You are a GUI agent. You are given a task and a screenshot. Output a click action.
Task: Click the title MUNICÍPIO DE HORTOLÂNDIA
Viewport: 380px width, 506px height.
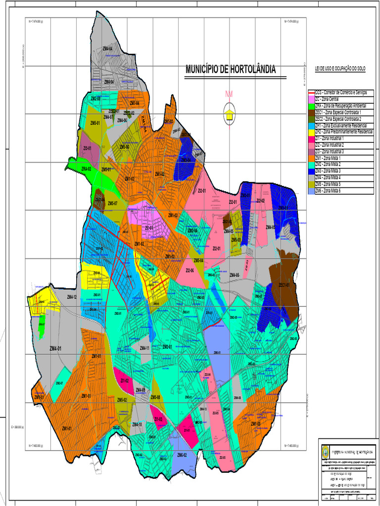coord(230,70)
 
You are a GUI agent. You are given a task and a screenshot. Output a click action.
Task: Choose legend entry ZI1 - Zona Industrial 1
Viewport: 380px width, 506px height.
coord(329,138)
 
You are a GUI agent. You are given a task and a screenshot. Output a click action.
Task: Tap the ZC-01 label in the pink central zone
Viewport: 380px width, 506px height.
coord(148,228)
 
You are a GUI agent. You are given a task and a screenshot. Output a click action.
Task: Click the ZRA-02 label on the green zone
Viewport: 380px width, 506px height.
coord(86,169)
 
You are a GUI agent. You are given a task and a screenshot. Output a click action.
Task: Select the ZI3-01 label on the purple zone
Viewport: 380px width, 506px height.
coord(88,148)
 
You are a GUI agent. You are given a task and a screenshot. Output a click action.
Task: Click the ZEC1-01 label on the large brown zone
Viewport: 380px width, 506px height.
coord(284,285)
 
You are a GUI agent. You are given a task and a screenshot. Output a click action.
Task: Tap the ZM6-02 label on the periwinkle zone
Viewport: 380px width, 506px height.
coord(182,455)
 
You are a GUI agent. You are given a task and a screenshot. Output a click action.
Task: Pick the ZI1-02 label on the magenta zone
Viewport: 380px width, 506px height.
coord(125,381)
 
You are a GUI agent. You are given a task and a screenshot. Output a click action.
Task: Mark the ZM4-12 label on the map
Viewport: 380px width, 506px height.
coord(72,296)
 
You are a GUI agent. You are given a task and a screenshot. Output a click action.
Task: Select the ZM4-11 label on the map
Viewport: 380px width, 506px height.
coord(144,348)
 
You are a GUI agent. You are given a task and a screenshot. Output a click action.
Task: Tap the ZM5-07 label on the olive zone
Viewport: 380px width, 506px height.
coord(112,203)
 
